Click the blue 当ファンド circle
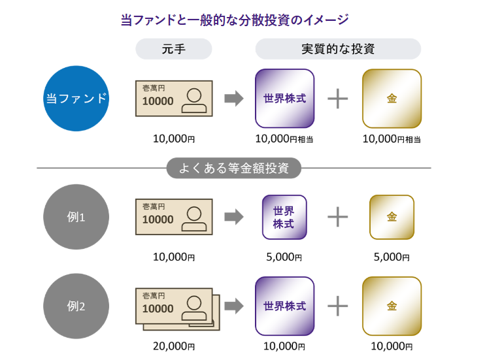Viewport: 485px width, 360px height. click(76, 99)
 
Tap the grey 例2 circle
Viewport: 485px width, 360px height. click(76, 306)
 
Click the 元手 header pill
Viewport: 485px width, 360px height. click(174, 49)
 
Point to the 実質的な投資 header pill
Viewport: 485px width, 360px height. click(338, 49)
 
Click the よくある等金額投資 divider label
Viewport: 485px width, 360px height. click(234, 168)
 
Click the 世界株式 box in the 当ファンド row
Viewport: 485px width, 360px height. click(284, 99)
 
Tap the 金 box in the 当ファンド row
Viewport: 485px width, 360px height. click(392, 99)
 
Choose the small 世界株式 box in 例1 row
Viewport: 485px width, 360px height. click(284, 217)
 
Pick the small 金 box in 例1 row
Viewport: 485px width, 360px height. click(392, 217)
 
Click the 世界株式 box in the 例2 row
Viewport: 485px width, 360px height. click(284, 306)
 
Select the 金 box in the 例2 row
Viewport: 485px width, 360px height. click(392, 306)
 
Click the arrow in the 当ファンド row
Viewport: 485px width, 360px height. click(233, 99)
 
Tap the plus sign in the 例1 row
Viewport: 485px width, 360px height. click(337, 217)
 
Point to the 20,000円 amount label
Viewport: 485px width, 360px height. click(174, 346)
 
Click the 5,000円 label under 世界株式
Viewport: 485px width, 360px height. click(284, 257)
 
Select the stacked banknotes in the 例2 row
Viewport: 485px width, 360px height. click(176, 308)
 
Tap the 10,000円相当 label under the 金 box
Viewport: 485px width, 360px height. click(392, 139)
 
